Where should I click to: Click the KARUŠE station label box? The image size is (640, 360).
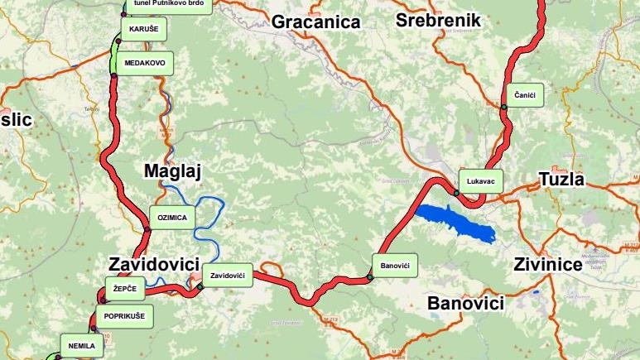tap(144, 30)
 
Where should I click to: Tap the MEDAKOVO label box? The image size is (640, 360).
tap(144, 63)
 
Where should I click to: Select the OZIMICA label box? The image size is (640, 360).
tap(172, 218)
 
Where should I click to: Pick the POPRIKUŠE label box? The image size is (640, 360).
tap(124, 317)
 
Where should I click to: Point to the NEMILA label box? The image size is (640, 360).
tap(82, 346)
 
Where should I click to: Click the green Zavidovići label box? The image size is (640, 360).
tap(226, 275)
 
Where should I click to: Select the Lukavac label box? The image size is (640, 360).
tap(480, 180)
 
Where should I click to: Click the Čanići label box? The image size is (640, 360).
tap(525, 96)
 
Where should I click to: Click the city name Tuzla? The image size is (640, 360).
tap(561, 180)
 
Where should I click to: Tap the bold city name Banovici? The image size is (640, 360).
tap(465, 304)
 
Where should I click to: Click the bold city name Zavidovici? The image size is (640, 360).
tap(154, 264)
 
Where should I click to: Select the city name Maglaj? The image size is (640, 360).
tap(173, 171)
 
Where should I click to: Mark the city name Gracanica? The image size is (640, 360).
tap(316, 22)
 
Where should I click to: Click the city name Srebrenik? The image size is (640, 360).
tap(438, 19)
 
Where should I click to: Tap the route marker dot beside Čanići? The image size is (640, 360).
tap(503, 106)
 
